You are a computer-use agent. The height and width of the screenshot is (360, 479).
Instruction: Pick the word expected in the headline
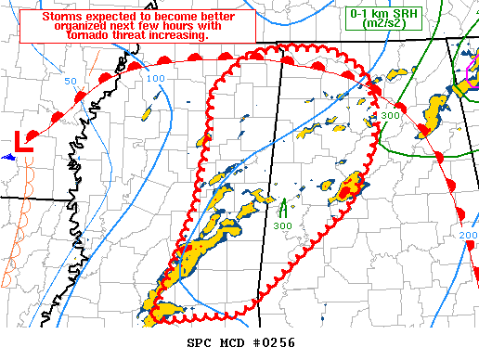point(115,18)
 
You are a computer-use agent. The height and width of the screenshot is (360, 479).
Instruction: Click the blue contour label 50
point(71,82)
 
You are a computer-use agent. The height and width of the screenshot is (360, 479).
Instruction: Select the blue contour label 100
point(155,79)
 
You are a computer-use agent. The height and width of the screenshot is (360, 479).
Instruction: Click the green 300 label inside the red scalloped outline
point(282,225)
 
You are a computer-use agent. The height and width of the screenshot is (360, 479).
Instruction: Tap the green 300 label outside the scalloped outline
point(390,116)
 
